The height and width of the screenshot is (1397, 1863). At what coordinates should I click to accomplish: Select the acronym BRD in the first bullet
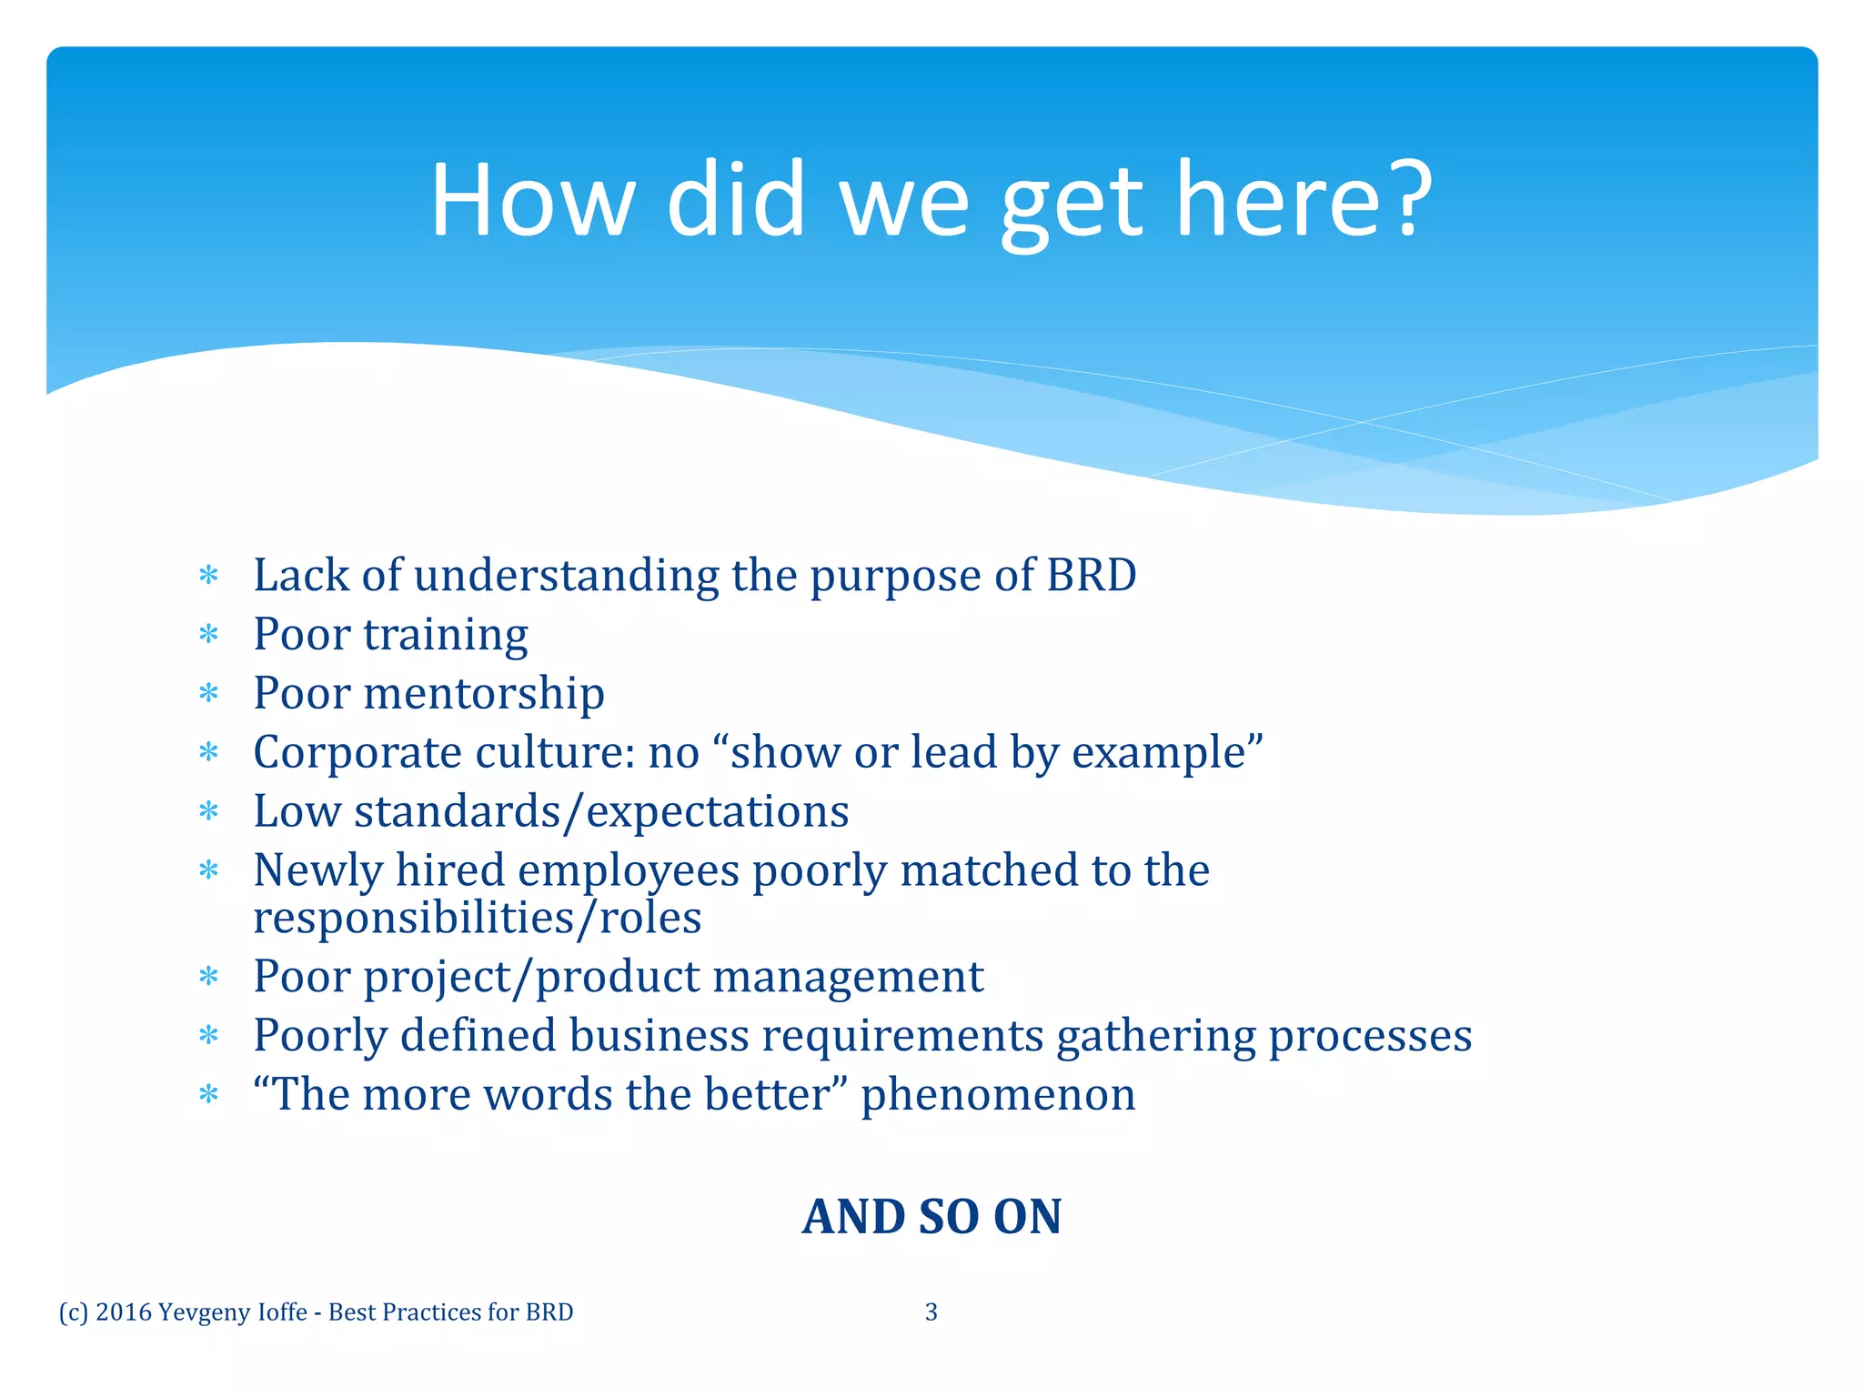(x=1091, y=576)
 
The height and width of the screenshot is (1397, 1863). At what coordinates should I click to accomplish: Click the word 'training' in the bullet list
(x=446, y=636)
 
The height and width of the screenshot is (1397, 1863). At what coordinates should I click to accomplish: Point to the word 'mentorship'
(x=484, y=693)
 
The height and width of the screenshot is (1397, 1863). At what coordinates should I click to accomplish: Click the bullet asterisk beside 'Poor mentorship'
(x=209, y=695)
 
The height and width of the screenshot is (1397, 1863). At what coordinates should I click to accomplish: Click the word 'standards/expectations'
(x=601, y=811)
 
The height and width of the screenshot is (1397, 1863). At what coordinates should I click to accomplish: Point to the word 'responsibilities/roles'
(x=478, y=917)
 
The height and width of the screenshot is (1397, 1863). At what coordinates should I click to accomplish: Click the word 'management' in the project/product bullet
(x=848, y=977)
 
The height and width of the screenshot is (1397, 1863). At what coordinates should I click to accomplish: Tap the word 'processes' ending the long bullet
(x=1370, y=1036)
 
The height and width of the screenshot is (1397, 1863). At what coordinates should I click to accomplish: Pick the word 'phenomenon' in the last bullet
(x=998, y=1094)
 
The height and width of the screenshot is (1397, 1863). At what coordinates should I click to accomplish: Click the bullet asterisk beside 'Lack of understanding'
(x=209, y=577)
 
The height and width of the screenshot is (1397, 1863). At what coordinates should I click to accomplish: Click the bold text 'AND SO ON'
(x=931, y=1217)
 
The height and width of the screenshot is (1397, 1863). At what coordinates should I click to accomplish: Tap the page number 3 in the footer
(x=931, y=1312)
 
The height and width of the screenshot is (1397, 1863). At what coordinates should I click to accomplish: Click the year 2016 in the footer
(x=124, y=1312)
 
